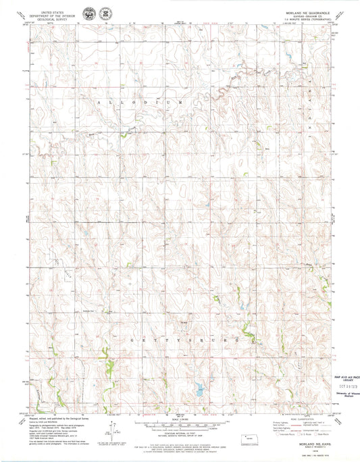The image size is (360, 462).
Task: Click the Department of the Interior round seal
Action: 88,14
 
